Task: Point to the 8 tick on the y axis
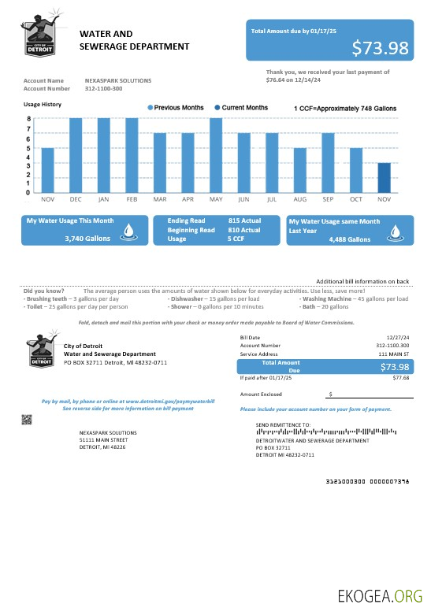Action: point(28,119)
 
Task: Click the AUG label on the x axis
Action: point(299,201)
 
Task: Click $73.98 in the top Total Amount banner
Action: point(380,48)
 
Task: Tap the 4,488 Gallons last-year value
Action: point(349,239)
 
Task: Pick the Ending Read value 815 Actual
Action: point(244,220)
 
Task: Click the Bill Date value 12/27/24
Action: point(397,337)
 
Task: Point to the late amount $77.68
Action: point(401,378)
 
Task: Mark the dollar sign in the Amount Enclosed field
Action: point(330,394)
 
